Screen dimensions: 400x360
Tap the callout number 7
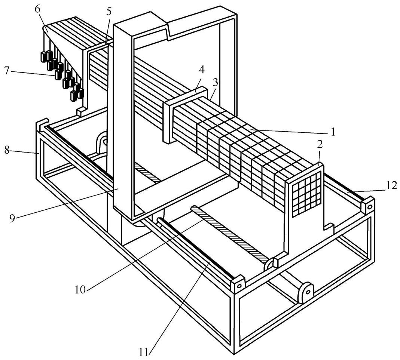7,71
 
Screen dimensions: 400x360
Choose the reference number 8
7,151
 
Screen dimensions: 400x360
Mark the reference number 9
12,218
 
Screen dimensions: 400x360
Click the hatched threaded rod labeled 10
230,234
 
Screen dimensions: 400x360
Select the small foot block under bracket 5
81,111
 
